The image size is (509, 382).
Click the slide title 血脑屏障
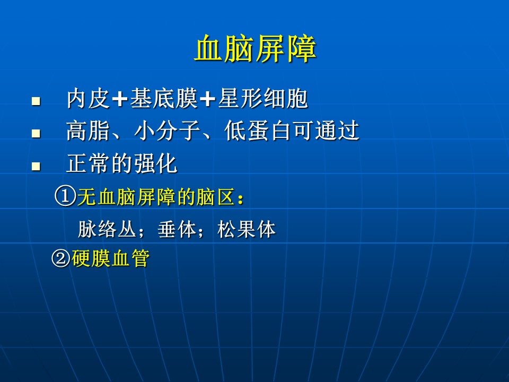tap(255, 49)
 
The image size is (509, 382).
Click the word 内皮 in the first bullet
tap(88, 99)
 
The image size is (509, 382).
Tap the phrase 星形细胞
tap(263, 99)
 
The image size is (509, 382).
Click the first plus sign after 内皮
tap(120, 99)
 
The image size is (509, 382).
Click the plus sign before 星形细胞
tap(208, 99)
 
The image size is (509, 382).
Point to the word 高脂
tap(88, 131)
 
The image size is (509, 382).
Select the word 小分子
tap(167, 131)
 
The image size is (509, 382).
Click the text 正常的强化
tap(122, 163)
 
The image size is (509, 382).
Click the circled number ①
tap(65, 196)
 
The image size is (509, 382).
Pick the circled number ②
tap(61, 258)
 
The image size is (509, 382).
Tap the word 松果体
tap(247, 229)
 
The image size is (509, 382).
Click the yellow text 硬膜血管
tap(111, 258)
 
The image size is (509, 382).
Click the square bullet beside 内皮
tap(36, 101)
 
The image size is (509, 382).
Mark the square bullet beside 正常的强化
tap(36, 166)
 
